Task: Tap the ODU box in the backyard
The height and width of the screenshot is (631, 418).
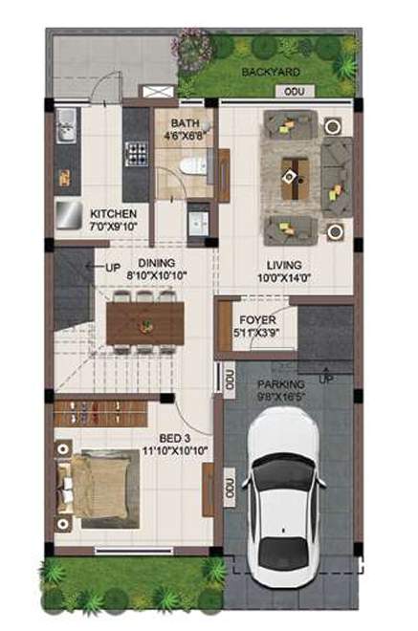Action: pyautogui.click(x=287, y=91)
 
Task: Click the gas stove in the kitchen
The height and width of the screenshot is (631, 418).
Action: pyautogui.click(x=136, y=152)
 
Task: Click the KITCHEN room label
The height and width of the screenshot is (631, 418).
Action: pyautogui.click(x=113, y=213)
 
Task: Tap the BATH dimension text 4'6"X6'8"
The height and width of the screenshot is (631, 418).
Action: pyautogui.click(x=185, y=136)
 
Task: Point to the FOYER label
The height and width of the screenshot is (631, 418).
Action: pyautogui.click(x=256, y=319)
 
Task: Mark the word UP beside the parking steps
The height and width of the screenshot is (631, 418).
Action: pyautogui.click(x=326, y=379)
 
